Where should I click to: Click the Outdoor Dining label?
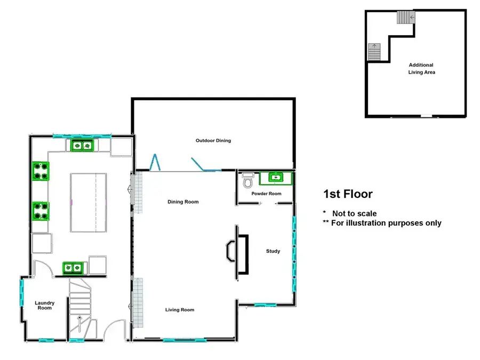(213, 141)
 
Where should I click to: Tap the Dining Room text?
(183, 202)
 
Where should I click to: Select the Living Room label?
(180, 310)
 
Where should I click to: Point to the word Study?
(273, 251)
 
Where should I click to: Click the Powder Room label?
(266, 194)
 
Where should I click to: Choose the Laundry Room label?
(44, 306)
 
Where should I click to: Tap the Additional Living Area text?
(421, 68)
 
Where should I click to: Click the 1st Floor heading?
(348, 194)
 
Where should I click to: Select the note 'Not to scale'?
(354, 213)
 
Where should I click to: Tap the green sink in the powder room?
(275, 177)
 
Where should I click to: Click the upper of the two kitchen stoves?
(41, 171)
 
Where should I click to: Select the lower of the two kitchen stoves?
(41, 211)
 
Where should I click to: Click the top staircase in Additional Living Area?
(405, 18)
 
